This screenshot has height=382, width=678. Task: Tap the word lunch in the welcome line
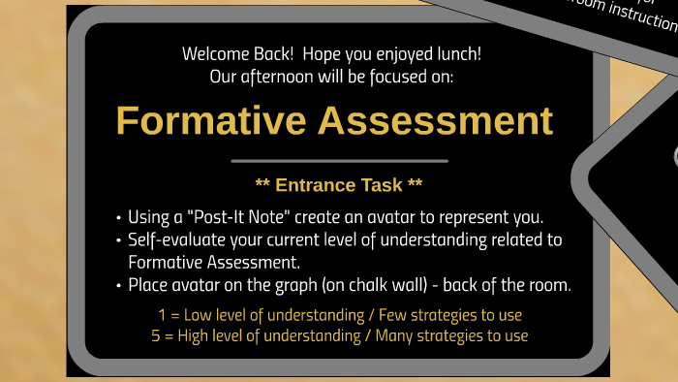tap(457, 54)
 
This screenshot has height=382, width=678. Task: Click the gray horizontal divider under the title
tap(339, 161)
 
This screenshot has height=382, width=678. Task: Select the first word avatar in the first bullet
tap(399, 216)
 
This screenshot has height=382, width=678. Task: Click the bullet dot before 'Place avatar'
tap(117, 286)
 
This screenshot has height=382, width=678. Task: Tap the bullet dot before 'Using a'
tap(117, 217)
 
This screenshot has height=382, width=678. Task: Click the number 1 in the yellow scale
tap(162, 315)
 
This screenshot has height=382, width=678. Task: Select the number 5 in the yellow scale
tap(156, 335)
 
